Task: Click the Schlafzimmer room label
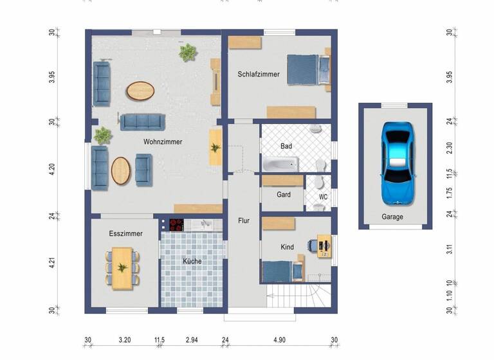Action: (258, 75)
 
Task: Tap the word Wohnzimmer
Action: (163, 141)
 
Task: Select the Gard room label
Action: (283, 195)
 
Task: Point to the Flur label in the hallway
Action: (244, 221)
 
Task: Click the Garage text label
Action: (392, 217)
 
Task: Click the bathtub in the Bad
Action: (280, 164)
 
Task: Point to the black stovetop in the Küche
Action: (176, 224)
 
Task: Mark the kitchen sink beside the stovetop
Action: (204, 224)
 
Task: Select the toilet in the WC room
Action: (317, 206)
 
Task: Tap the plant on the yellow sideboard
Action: (215, 148)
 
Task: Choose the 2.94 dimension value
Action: (192, 340)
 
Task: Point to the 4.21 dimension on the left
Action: (53, 262)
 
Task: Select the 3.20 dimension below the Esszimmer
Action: (125, 340)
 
